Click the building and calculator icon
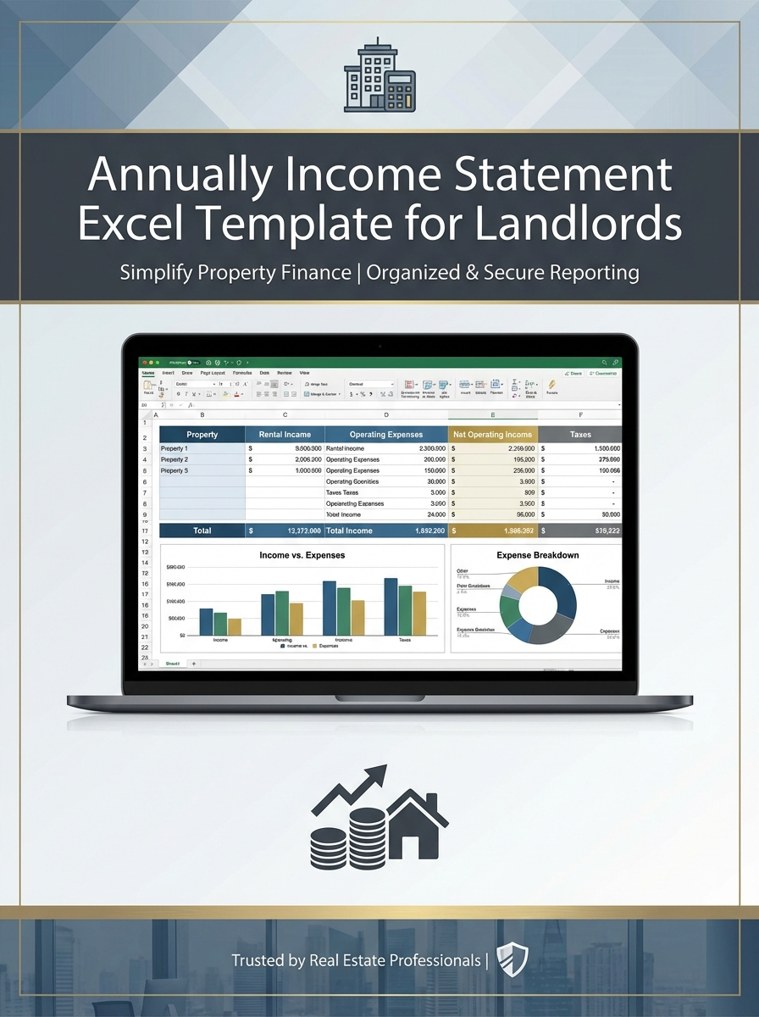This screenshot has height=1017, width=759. click(379, 77)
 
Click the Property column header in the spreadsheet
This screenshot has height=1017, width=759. click(202, 435)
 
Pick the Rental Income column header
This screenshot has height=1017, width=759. click(285, 435)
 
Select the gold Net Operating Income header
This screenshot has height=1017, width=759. click(492, 435)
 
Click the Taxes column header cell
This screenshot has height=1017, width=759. click(580, 435)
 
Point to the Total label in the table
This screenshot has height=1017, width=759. click(202, 531)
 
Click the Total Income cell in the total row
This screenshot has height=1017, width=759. click(349, 531)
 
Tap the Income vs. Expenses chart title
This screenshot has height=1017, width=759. click(302, 555)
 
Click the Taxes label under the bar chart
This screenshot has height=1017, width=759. click(405, 640)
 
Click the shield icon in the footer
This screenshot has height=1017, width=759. click(512, 960)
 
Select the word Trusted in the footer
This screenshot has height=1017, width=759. click(258, 960)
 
